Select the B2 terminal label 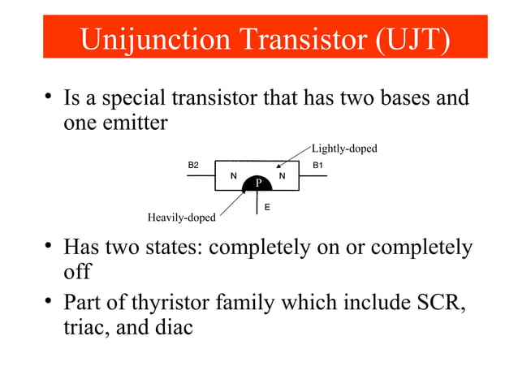tap(193, 165)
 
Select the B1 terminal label tap(318, 165)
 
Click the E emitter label tap(267, 207)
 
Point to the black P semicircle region tap(257, 184)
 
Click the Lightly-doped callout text tap(344, 149)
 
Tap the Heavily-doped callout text tap(181, 218)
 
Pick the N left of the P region tap(234, 175)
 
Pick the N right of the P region tap(282, 175)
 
